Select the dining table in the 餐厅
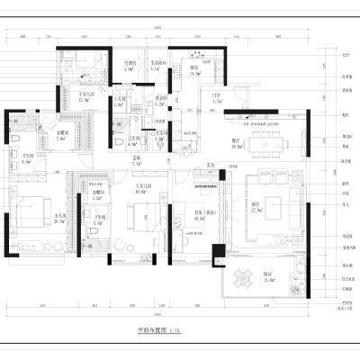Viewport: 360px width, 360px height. tap(266, 139)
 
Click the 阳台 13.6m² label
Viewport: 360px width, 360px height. tap(267, 280)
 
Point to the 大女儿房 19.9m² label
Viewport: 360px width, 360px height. tap(142, 188)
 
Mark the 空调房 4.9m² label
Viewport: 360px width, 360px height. tap(129, 65)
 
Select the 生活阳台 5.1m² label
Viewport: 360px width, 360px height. tap(159, 65)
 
